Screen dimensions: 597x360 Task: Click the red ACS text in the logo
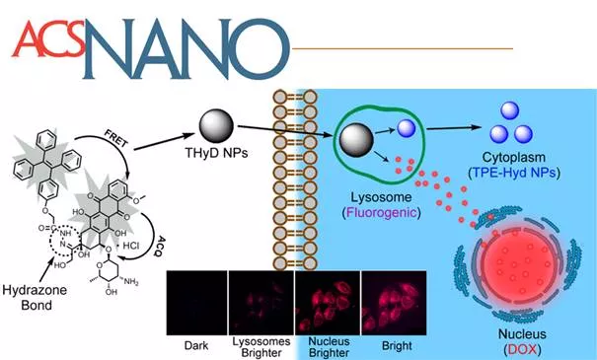[48, 38]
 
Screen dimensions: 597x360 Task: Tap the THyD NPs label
[216, 153]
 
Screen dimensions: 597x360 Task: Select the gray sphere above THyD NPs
[216, 126]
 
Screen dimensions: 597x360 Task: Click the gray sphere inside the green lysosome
[356, 140]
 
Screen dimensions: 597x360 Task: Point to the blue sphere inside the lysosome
[407, 128]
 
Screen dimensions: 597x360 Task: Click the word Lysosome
[381, 197]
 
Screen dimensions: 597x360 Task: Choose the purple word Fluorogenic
[381, 212]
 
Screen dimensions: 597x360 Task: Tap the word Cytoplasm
[514, 157]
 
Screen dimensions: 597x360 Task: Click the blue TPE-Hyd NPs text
[514, 173]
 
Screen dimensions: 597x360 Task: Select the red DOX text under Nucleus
[522, 349]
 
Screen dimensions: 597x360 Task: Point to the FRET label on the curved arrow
[116, 139]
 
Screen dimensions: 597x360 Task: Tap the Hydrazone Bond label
[35, 297]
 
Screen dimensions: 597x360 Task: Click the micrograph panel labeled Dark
[196, 303]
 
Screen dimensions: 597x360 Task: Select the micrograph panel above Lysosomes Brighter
[261, 303]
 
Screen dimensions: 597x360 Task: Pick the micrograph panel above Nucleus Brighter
[328, 303]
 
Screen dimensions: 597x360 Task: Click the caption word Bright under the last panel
[397, 345]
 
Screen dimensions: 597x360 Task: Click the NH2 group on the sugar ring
[131, 282]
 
